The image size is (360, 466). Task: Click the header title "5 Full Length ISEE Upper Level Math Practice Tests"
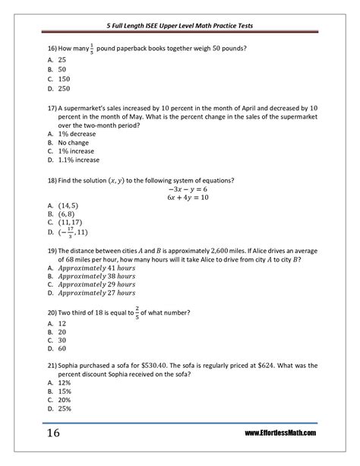point(180,25)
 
